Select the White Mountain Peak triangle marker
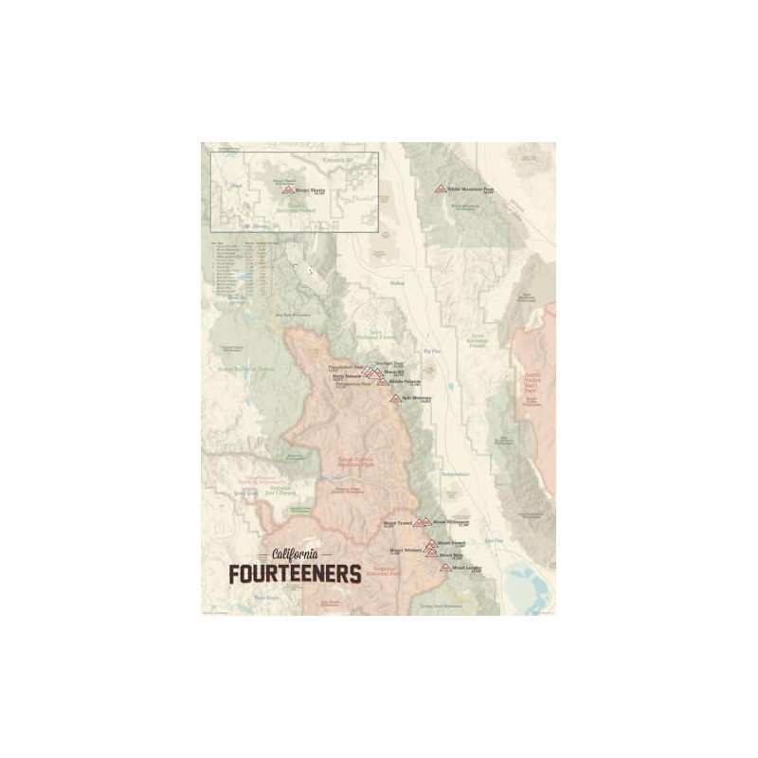(x=440, y=189)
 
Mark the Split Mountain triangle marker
(x=396, y=398)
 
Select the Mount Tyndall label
(x=396, y=523)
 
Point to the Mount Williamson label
(x=450, y=521)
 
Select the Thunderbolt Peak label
(x=342, y=366)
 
